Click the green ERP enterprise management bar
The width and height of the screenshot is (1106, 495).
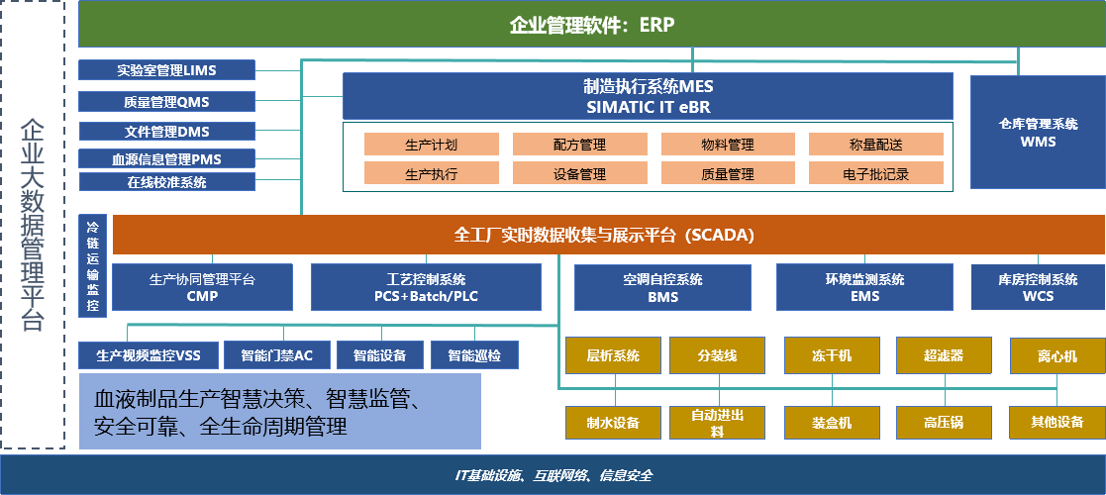591,25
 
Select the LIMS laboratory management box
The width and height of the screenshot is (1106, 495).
166,70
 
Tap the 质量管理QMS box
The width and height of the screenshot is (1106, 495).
166,101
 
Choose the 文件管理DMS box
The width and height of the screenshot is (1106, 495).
166,131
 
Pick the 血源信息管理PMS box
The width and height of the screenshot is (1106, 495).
166,158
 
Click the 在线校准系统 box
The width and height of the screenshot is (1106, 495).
166,182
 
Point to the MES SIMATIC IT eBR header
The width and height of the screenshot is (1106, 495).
648,96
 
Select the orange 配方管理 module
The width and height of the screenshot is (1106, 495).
580,145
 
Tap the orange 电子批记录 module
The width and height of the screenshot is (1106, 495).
876,174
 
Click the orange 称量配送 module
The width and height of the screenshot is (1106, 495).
876,145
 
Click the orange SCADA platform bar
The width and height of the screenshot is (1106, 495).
604,236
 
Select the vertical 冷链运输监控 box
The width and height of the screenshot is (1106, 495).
92,265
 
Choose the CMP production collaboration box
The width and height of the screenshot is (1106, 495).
202,287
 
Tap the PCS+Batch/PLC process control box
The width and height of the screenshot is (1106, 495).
426,287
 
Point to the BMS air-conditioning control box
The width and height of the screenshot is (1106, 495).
662,287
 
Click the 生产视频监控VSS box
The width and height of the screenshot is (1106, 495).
148,354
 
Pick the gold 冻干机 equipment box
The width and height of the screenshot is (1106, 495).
832,355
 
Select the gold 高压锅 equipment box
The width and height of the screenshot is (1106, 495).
944,423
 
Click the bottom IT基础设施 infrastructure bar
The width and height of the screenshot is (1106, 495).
553,475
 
